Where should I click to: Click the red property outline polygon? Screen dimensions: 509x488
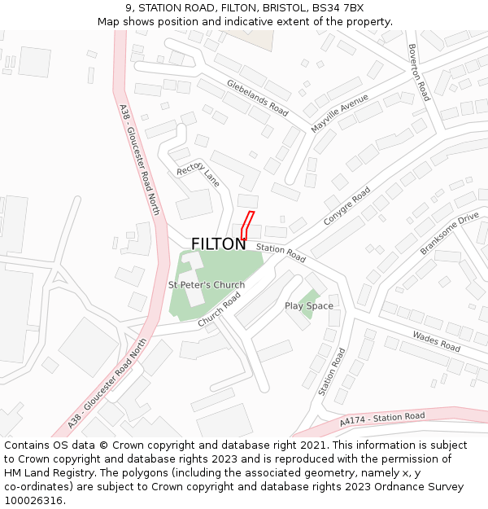pyautogui.click(x=246, y=226)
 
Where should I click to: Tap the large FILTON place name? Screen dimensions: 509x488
pyautogui.click(x=218, y=244)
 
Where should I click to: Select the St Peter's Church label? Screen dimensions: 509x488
pyautogui.click(x=206, y=285)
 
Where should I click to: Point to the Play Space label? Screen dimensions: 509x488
pyautogui.click(x=309, y=306)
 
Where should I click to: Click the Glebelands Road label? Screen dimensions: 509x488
pyautogui.click(x=258, y=98)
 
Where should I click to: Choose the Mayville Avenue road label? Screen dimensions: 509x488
pyautogui.click(x=339, y=113)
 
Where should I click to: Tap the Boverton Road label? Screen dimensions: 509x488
pyautogui.click(x=418, y=72)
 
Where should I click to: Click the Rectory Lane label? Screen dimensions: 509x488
pyautogui.click(x=198, y=174)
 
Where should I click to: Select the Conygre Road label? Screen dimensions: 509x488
pyautogui.click(x=346, y=206)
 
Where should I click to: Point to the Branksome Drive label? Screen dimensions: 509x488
pyautogui.click(x=449, y=234)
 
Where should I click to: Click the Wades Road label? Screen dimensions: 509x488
pyautogui.click(x=436, y=340)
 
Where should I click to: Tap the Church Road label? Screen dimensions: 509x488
pyautogui.click(x=219, y=310)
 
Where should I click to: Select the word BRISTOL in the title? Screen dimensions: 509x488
pyautogui.click(x=278, y=8)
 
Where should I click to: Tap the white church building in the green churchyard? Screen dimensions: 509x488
pyautogui.click(x=194, y=277)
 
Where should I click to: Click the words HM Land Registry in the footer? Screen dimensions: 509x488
pyautogui.click(x=46, y=472)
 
